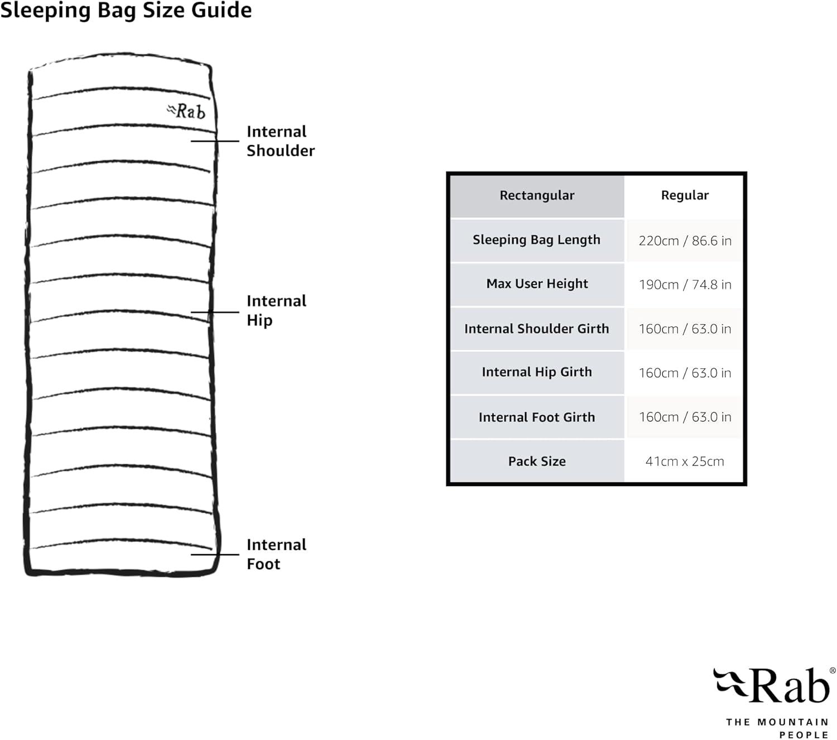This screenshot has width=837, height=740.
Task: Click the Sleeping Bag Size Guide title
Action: (126, 10)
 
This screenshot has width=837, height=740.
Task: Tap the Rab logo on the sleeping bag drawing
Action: (187, 111)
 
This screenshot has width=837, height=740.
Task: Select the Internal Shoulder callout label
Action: (280, 141)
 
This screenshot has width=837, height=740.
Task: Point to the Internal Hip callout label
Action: (276, 310)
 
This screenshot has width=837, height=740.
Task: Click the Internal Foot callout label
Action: (276, 554)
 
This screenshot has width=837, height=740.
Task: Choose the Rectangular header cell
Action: (537, 195)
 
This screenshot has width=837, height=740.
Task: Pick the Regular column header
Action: (685, 195)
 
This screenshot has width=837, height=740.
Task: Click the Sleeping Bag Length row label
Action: (537, 240)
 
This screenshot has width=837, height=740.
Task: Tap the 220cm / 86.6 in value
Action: (685, 241)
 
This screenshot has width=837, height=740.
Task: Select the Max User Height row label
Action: (537, 284)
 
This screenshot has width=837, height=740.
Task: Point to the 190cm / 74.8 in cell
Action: (685, 285)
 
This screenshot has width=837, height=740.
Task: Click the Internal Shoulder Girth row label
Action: (537, 329)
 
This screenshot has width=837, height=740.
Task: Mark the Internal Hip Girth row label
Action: (537, 372)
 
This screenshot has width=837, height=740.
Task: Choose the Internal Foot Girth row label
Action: (537, 417)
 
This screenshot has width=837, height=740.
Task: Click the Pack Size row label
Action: (537, 462)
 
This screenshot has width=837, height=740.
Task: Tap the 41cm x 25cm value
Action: (685, 462)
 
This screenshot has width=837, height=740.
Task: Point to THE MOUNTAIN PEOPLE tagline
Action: (777, 728)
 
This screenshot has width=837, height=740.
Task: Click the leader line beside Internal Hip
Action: (215, 312)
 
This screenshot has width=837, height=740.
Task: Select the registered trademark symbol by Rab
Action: (833, 671)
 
